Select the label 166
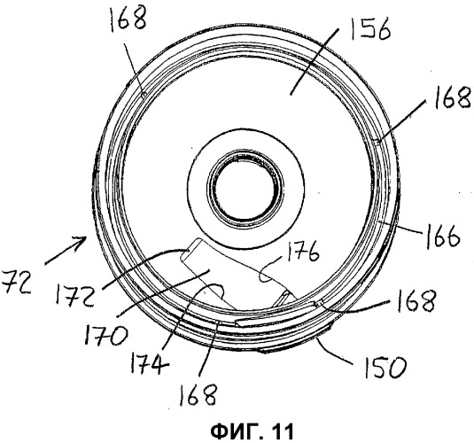443,237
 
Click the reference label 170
106,335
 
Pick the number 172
74,292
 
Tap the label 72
16,283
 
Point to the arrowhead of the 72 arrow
82,241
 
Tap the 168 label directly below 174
198,394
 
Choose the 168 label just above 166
452,97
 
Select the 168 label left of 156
128,18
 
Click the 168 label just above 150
416,300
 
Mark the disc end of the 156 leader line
290,95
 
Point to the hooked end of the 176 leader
262,276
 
